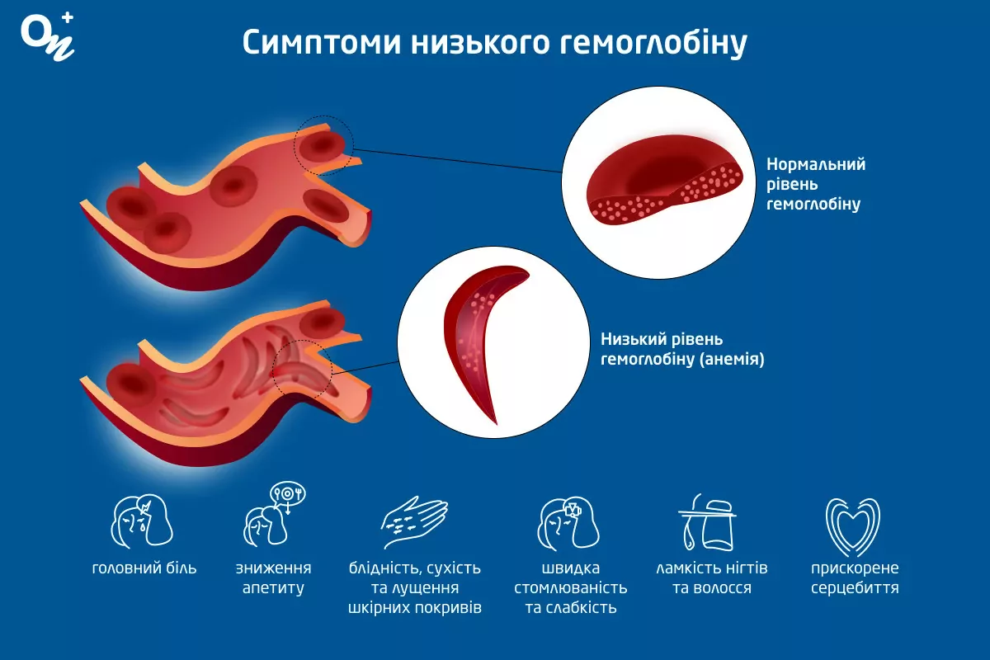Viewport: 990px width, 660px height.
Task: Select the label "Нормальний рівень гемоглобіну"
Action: pos(816,184)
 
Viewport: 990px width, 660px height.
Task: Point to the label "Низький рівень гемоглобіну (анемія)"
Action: pos(682,349)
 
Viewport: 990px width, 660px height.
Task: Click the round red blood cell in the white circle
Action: pos(665,180)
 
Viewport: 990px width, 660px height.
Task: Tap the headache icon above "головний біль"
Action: pos(142,521)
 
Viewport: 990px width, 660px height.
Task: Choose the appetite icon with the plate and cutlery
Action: pos(274,515)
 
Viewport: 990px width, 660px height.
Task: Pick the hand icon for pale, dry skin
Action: pos(414,522)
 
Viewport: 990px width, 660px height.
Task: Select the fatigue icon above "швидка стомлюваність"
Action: pos(568,523)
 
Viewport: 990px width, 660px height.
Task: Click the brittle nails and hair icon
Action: pos(707,522)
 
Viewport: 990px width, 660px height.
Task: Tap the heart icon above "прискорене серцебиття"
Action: pos(853,527)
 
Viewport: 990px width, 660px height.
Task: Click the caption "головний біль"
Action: pos(144,568)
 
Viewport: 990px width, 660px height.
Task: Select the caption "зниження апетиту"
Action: pos(274,577)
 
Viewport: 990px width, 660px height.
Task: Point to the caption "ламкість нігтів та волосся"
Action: pos(711,577)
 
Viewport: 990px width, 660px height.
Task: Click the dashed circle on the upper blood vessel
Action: pos(324,145)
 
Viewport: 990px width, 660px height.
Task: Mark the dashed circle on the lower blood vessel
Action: pos(303,370)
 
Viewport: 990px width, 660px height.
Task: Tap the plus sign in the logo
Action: pos(68,17)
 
